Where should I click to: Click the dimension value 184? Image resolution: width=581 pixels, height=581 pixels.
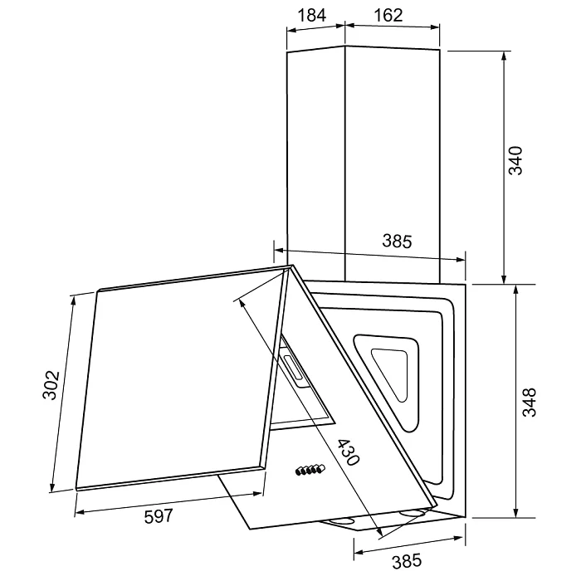tap(311, 16)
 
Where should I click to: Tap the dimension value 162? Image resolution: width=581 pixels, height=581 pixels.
tap(388, 16)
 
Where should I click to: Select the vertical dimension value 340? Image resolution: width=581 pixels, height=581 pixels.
tap(515, 161)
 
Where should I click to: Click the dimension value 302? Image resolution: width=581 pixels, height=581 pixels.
tap(51, 385)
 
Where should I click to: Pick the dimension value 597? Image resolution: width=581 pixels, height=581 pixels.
tap(159, 516)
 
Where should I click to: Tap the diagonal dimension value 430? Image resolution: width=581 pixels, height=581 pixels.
tap(349, 452)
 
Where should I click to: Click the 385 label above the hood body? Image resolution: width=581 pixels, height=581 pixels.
tap(397, 242)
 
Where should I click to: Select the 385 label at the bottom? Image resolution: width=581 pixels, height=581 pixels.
tap(407, 560)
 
